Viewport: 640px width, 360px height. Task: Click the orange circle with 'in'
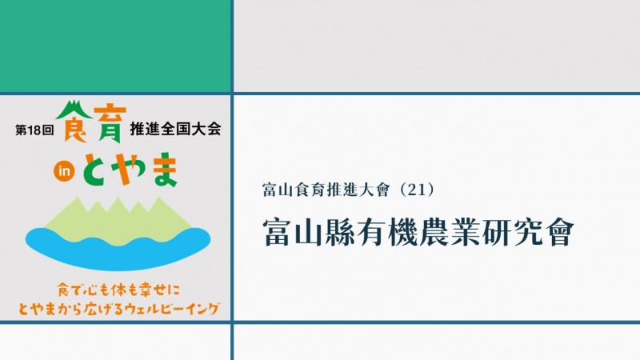coord(64,171)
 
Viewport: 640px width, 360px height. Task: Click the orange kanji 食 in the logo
coord(75,126)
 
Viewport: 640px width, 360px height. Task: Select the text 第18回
coord(34,130)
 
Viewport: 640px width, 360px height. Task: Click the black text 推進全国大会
coord(175,129)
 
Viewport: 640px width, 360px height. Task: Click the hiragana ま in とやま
coord(164,170)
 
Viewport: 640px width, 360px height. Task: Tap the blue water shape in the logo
coord(118,249)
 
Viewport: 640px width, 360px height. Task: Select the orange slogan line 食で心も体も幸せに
coord(118,290)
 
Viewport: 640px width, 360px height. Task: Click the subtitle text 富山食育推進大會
coord(326,190)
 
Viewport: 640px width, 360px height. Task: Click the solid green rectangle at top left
coord(115,46)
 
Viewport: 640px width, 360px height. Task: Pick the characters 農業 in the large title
coord(450,232)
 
